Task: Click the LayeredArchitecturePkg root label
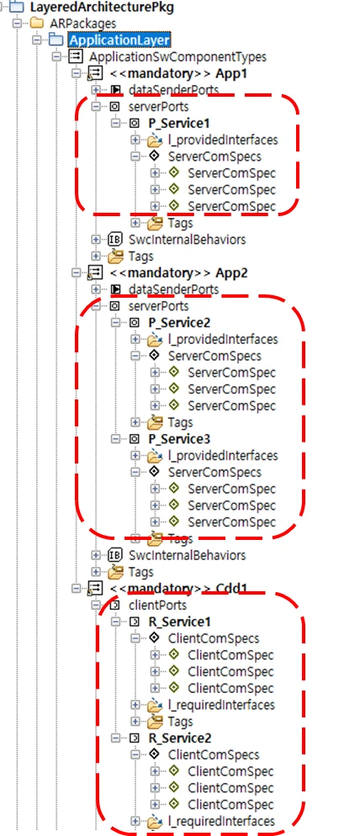coord(102,8)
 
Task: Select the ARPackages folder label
coord(82,24)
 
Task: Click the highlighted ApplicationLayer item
coord(120,40)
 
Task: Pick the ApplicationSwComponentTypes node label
coord(178,56)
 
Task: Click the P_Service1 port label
coord(179,123)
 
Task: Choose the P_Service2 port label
coord(179,323)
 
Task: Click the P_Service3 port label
coord(179,439)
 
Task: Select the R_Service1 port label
coord(180,622)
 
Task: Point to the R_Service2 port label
coord(180,738)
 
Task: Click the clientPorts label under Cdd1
coord(158,606)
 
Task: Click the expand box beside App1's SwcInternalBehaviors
coord(96,240)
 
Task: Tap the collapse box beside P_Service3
coord(116,439)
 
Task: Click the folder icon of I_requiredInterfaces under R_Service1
coord(155,705)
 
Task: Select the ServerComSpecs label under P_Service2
coord(215,356)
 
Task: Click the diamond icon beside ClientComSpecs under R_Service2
coord(154,754)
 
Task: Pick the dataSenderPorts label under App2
coord(173,289)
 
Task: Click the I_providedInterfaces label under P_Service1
coord(223,140)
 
